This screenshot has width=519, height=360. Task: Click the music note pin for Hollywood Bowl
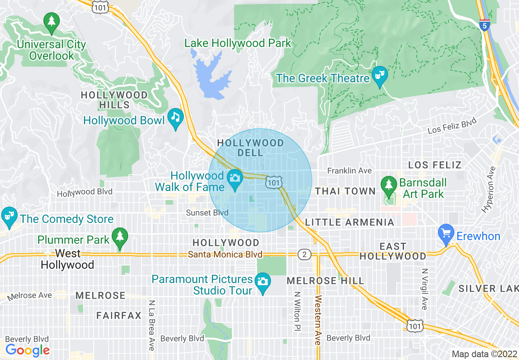176,117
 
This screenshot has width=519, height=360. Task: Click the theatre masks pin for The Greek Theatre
379,76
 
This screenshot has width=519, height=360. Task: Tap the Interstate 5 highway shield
485,25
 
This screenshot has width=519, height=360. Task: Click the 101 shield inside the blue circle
274,182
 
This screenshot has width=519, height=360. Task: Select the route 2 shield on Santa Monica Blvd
304,254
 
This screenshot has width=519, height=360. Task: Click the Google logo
27,350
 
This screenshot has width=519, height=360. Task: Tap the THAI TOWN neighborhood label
345,191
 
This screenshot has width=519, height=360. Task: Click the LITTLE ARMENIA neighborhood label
350,222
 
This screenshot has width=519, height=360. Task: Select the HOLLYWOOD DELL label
250,148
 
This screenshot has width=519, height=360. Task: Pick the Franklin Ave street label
350,171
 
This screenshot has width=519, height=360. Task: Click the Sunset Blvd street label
207,213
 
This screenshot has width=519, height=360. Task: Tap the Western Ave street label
318,320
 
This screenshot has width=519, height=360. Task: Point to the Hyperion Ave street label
489,189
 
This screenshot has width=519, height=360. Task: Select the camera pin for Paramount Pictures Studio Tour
262,282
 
